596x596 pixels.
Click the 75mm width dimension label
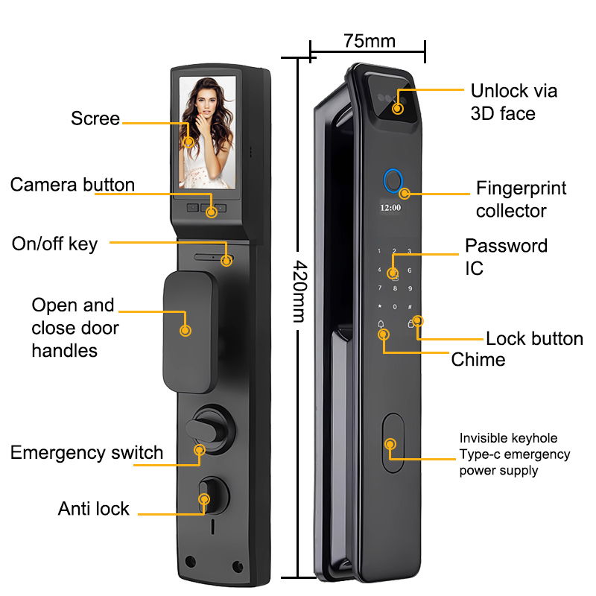coord(370,40)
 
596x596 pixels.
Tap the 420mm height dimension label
coord(298,291)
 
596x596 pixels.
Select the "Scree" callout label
coord(95,118)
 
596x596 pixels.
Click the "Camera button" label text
coord(72,185)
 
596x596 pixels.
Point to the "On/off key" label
coord(54,244)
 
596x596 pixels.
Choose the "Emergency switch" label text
coord(86,452)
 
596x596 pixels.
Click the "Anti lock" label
coord(93,509)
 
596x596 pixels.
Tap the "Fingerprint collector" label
coord(521,199)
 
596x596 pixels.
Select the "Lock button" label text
coord(534,339)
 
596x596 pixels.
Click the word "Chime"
coord(478,360)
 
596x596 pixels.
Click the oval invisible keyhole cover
coord(391,444)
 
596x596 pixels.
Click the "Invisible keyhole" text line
coord(508,438)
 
